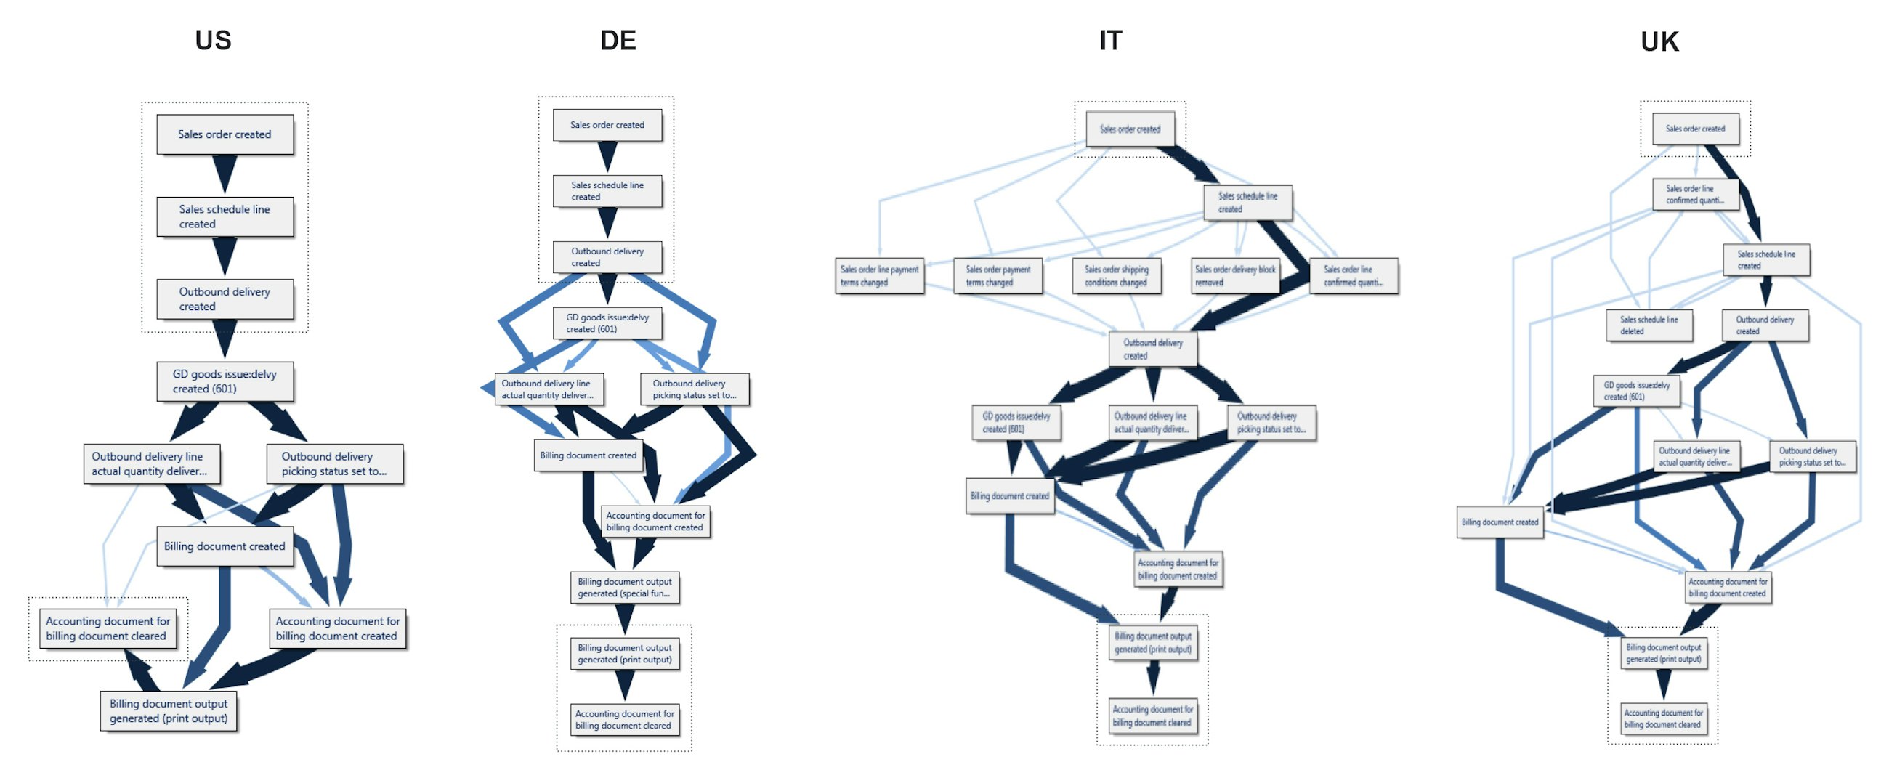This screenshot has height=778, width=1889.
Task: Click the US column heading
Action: tap(213, 41)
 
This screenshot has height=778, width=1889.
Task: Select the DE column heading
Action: tap(618, 41)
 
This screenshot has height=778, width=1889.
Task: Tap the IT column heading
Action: tap(1110, 41)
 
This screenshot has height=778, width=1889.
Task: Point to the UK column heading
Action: tap(1659, 42)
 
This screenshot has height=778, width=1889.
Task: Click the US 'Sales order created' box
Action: tap(225, 134)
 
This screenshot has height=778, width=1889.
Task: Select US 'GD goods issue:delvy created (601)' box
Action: tap(225, 381)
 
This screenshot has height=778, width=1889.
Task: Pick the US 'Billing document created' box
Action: tap(225, 546)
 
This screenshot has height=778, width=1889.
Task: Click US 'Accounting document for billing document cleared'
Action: tap(108, 629)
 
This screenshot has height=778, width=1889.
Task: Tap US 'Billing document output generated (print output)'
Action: tap(169, 711)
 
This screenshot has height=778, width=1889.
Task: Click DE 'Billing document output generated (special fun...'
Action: tap(625, 588)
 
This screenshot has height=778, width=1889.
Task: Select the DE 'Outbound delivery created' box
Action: tap(607, 256)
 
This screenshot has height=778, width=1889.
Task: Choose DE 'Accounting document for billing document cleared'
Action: tap(625, 719)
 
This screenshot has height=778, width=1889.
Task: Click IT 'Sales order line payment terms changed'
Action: tap(879, 276)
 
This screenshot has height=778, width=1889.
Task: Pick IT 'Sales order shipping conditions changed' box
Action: tap(1116, 276)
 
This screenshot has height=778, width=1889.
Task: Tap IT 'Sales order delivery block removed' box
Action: tap(1236, 276)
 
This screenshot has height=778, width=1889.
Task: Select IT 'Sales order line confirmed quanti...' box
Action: tap(1354, 276)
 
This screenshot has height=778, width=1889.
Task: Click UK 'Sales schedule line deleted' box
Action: tap(1649, 325)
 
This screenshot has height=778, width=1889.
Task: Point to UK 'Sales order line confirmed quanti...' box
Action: tap(1695, 194)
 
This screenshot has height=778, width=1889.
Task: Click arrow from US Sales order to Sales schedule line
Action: tap(225, 174)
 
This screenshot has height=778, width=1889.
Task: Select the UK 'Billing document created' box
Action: tap(1500, 523)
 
